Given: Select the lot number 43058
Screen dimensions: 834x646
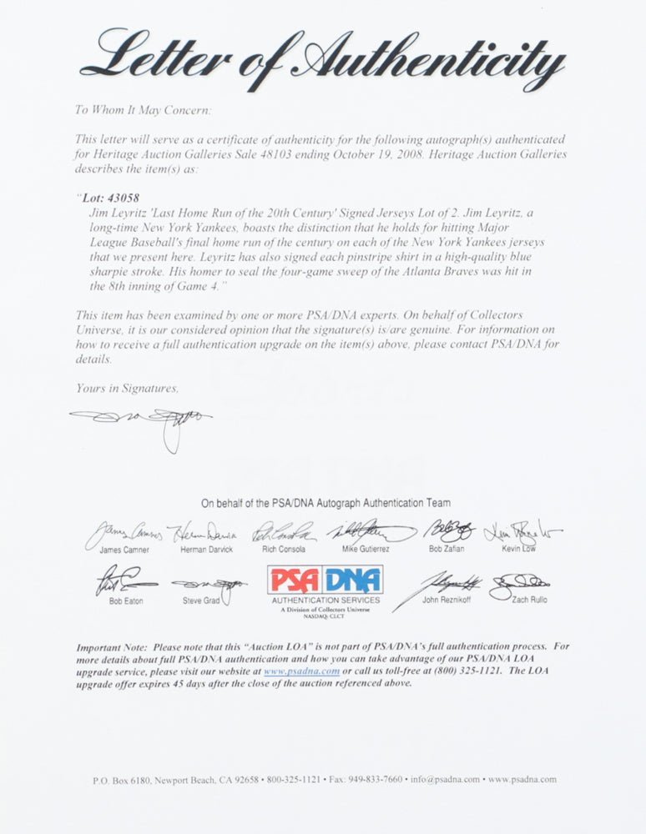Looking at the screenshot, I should pyautogui.click(x=103, y=198).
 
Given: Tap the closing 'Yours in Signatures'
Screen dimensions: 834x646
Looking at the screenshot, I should pyautogui.click(x=126, y=388).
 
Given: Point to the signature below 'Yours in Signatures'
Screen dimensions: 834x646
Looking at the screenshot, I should pyautogui.click(x=142, y=420).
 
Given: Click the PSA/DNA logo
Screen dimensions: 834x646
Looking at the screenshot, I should pyautogui.click(x=325, y=580).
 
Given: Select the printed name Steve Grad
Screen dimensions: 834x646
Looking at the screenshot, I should pyautogui.click(x=201, y=600).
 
